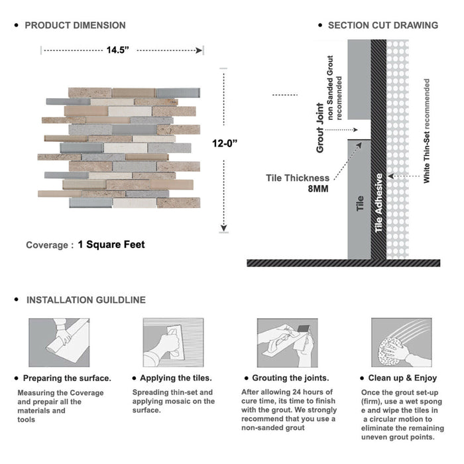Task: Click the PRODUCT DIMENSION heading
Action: click(x=75, y=25)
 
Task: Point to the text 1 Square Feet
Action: click(x=111, y=245)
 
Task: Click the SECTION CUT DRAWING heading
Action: click(x=382, y=25)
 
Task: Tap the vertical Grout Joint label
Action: click(x=320, y=128)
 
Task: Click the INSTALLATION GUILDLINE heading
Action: click(x=86, y=300)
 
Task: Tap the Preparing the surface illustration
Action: click(x=58, y=342)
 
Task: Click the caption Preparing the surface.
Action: click(x=67, y=378)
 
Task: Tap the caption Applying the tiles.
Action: click(x=177, y=378)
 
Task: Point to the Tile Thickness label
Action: click(x=298, y=178)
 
